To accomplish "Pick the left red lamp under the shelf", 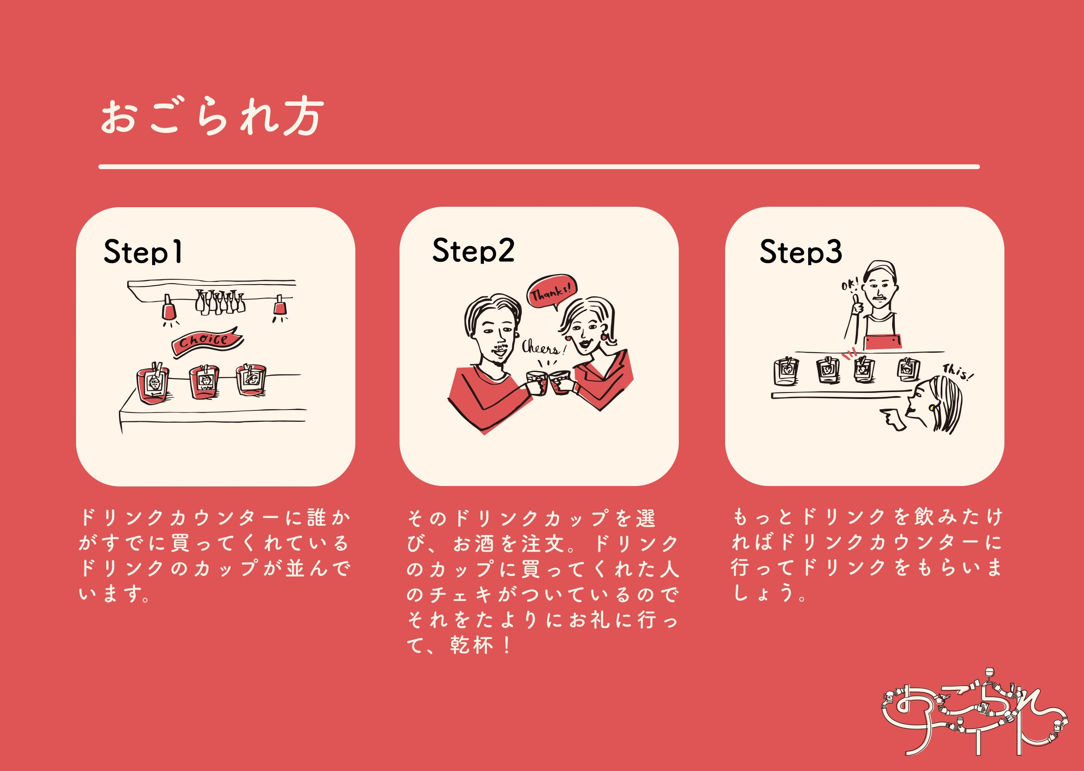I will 169,309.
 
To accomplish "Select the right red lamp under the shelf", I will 280,306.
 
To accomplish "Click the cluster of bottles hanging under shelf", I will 219,302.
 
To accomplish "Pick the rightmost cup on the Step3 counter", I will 908,370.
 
